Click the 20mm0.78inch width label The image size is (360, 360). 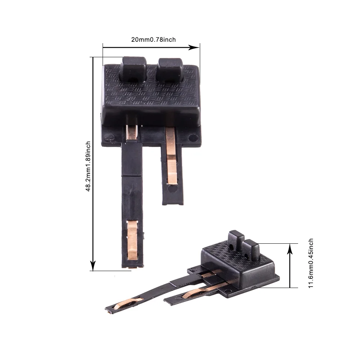click(x=153, y=40)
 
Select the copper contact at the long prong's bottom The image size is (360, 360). click(x=132, y=239)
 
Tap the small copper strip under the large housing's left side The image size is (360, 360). click(x=132, y=132)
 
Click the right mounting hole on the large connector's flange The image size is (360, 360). click(x=194, y=137)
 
